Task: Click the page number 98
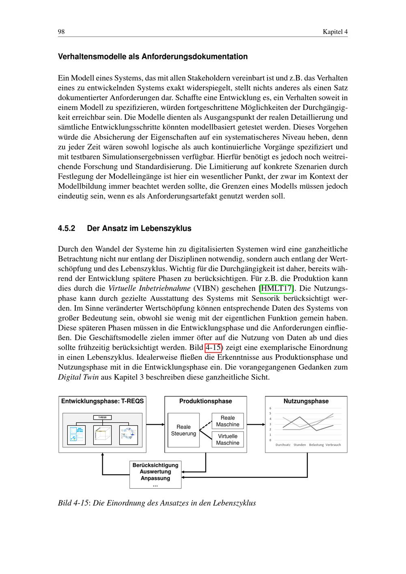[61, 32]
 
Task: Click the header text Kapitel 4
[335, 32]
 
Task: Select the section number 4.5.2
[67, 228]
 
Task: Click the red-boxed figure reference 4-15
[213, 347]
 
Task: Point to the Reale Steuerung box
[184, 430]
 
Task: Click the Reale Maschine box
[227, 421]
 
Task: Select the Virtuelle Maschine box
[227, 439]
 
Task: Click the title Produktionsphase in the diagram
[205, 401]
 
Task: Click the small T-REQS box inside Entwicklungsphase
[102, 417]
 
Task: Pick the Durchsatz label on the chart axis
[283, 445]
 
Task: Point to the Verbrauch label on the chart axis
[333, 445]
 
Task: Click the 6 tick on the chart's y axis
[270, 408]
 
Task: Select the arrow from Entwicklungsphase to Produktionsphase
[155, 425]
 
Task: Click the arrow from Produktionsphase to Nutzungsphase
[256, 425]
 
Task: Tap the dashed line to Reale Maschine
[206, 425]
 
